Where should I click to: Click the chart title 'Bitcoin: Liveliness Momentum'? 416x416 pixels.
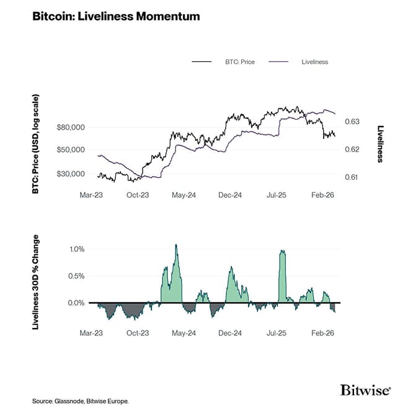point(115,17)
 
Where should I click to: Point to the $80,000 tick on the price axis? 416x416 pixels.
point(71,127)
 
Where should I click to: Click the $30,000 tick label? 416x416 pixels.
point(71,174)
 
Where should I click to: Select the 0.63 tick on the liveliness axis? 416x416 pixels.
point(351,122)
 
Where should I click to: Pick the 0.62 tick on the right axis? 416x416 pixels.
point(351,149)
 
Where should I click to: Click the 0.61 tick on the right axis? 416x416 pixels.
point(351,177)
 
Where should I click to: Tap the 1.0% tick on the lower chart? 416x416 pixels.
point(75,249)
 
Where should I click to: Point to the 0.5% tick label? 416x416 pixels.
point(75,276)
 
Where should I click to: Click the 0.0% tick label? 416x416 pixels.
point(75,303)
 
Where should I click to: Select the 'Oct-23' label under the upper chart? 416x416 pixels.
point(137,195)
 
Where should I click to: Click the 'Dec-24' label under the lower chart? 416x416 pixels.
point(229,333)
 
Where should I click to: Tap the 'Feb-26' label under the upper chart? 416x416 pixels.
point(322,195)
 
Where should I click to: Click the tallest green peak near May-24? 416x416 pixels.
point(176,246)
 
